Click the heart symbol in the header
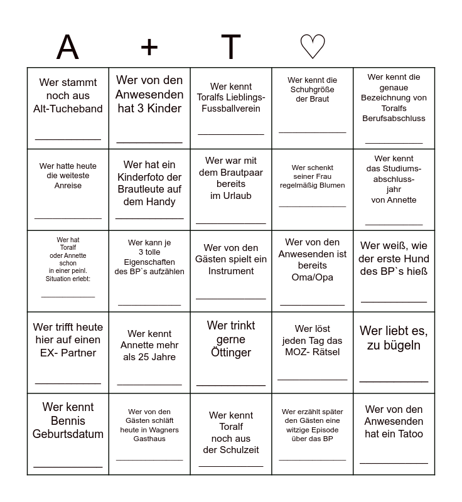point(312,47)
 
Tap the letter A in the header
point(68,47)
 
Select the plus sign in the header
point(149,47)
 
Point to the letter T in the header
point(231,47)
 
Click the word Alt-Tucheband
point(68,109)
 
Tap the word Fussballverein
point(231,109)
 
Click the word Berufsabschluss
point(394,118)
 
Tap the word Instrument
point(231,271)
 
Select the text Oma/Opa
point(312,277)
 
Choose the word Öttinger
point(231,353)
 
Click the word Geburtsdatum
point(68,434)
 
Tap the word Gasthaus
point(149,439)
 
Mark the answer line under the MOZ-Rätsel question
point(312,380)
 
